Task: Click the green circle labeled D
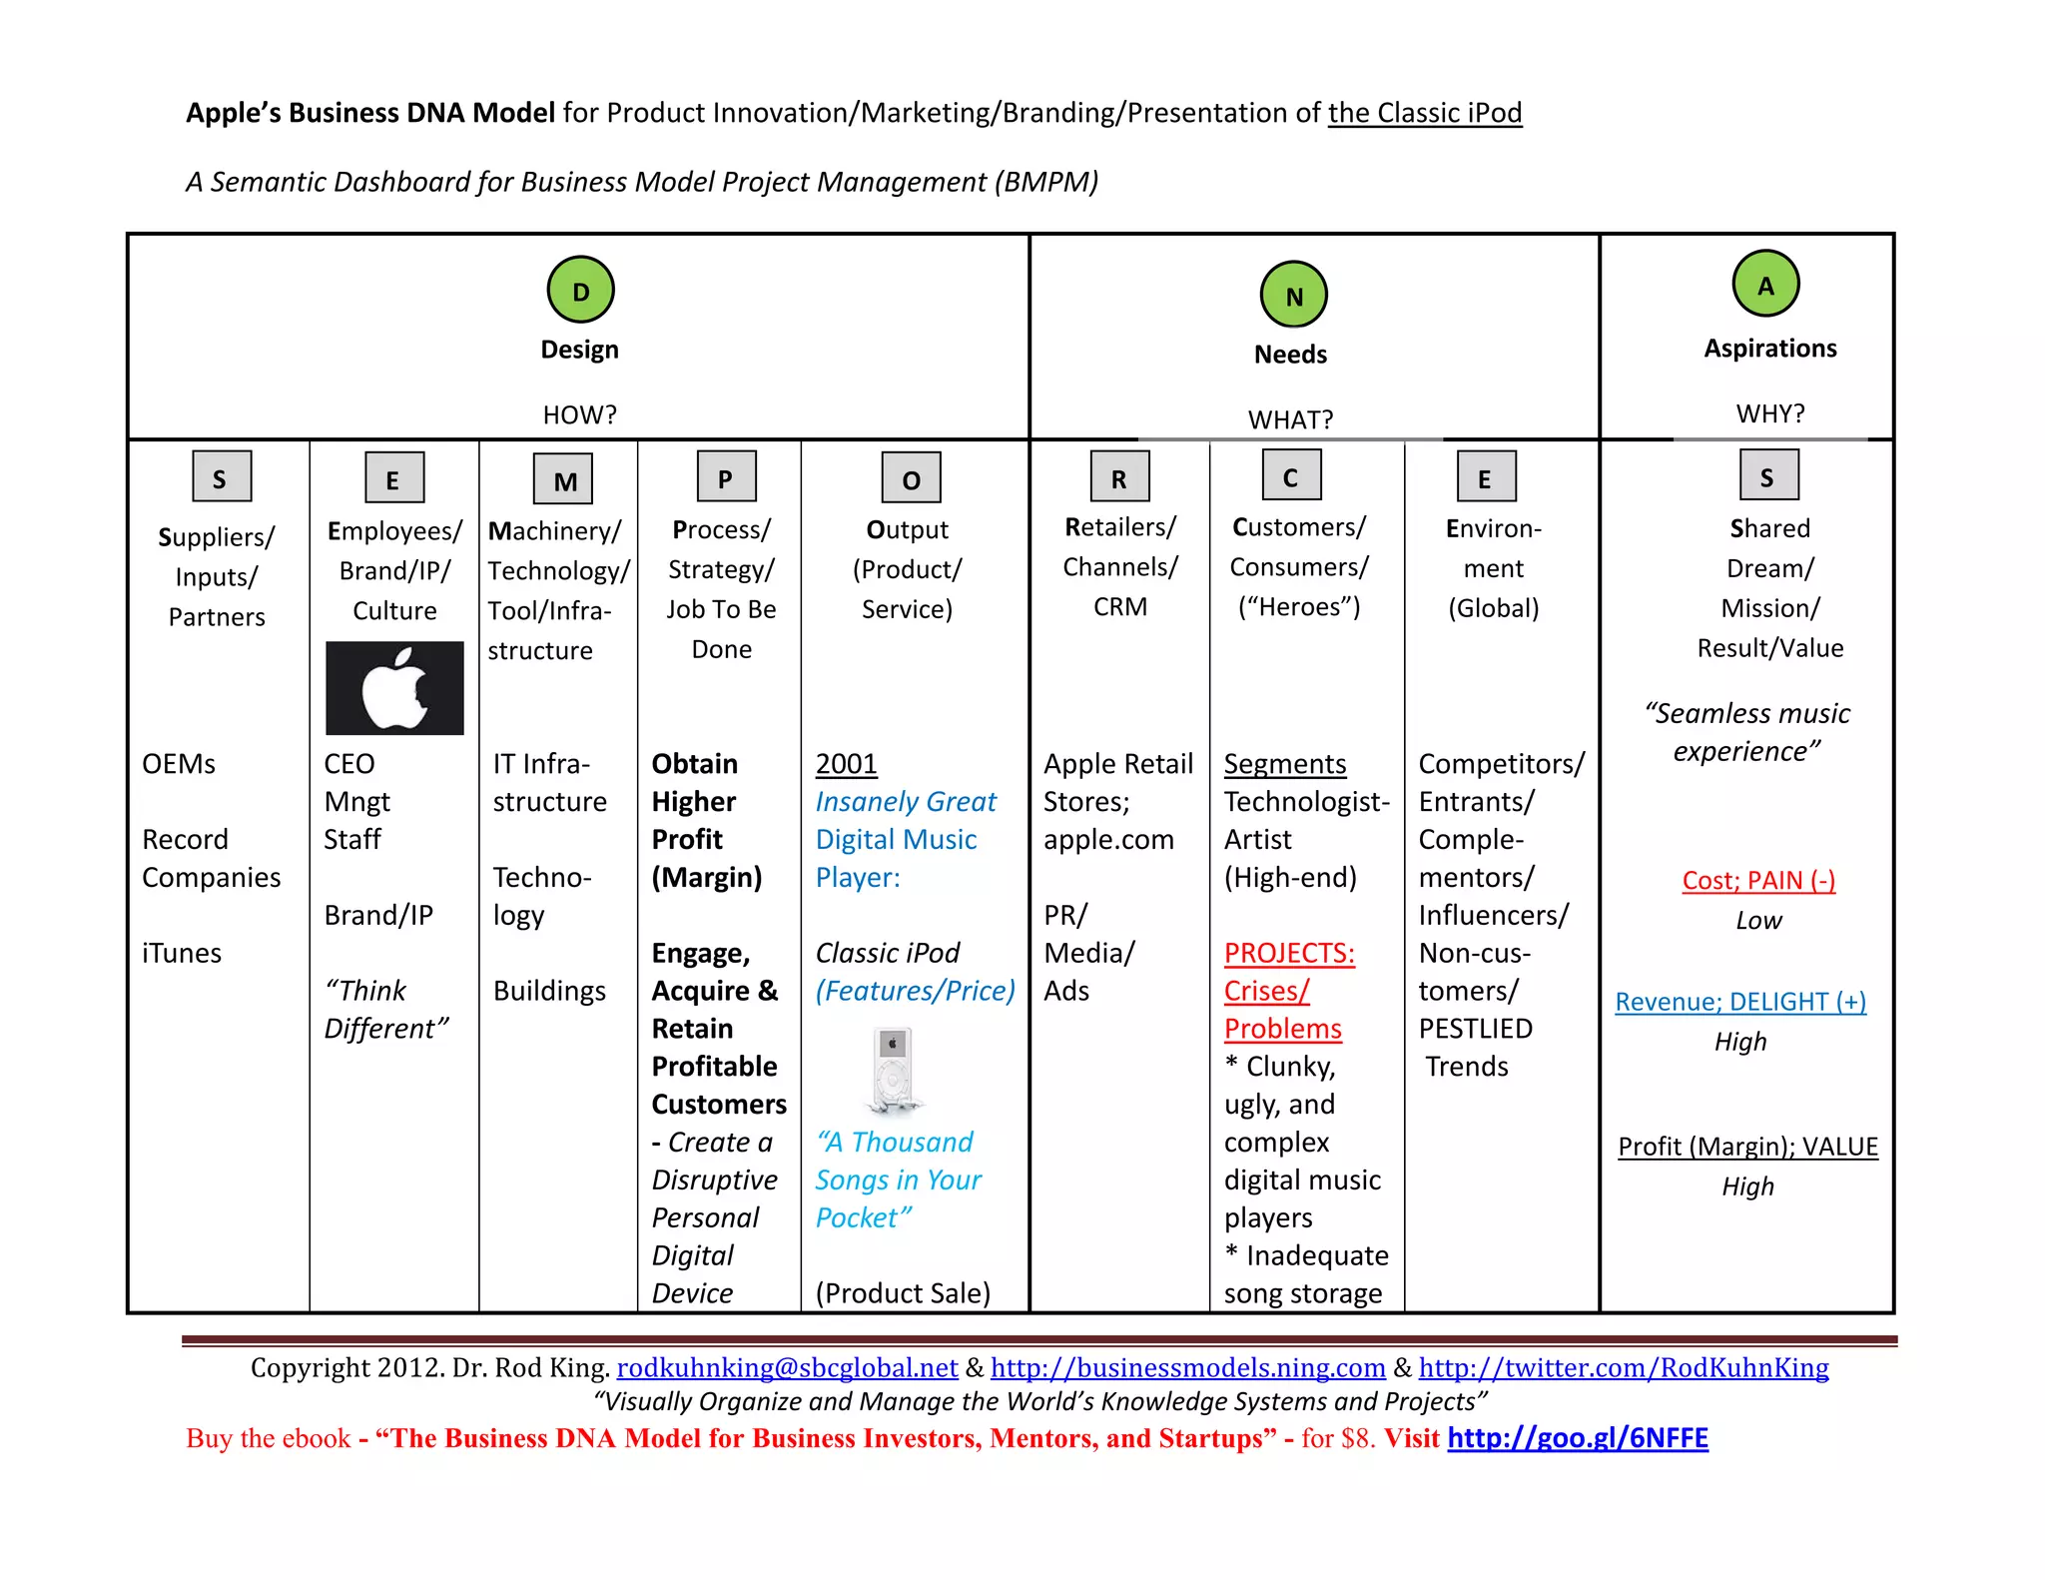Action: (580, 290)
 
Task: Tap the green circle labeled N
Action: (1293, 295)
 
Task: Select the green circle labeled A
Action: (1765, 285)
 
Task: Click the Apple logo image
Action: (394, 688)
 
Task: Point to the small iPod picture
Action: (893, 1070)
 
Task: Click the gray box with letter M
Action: (563, 479)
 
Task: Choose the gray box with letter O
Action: (911, 478)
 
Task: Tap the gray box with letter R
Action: (1119, 476)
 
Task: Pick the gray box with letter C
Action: (1290, 475)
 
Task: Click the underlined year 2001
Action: (846, 764)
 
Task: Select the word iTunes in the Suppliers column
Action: (182, 953)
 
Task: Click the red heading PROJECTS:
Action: (1289, 953)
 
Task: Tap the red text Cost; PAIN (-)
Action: (1758, 880)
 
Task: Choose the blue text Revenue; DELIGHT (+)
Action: (1740, 1001)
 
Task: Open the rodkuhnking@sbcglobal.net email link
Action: (787, 1367)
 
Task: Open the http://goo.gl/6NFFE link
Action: (1578, 1437)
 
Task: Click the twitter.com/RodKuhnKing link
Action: (1624, 1367)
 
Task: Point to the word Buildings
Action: (549, 991)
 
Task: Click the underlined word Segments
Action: (1285, 764)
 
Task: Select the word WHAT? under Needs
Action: (1290, 419)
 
